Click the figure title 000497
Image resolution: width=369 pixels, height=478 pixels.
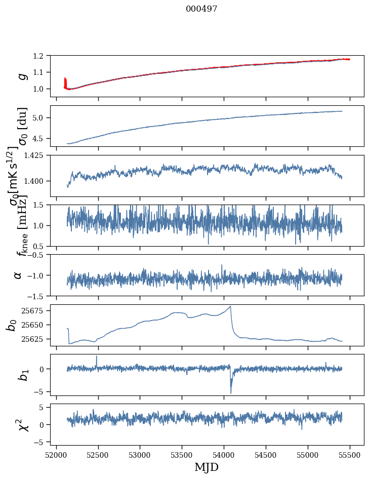point(201,9)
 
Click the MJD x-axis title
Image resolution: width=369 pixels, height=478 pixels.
point(207,467)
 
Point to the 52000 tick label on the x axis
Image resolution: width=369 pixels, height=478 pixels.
point(56,454)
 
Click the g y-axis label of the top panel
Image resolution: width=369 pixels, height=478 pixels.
point(22,76)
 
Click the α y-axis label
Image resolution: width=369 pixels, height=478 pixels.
point(18,275)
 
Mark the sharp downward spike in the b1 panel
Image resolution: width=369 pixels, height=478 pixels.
point(231,392)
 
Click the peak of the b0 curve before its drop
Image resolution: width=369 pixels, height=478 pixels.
point(230,306)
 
